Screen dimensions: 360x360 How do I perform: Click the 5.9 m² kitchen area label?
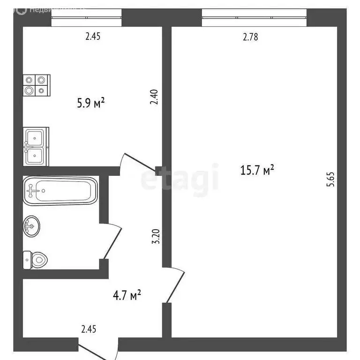[90, 102]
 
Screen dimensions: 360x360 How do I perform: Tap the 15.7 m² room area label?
[257, 170]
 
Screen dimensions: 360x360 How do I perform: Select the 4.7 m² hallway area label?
[127, 295]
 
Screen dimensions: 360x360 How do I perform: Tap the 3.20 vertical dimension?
[158, 236]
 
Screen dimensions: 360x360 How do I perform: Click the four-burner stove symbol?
[36, 85]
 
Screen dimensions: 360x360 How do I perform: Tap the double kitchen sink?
[36, 147]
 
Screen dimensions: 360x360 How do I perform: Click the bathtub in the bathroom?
[60, 190]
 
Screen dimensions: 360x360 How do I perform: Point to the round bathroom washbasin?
[32, 226]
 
